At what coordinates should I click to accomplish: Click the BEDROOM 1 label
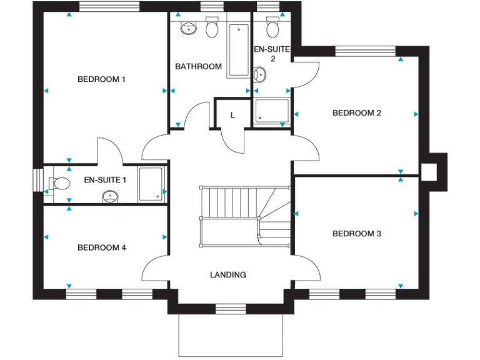pos(101,79)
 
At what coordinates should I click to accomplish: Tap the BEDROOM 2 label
pos(356,113)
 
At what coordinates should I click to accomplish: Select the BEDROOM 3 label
pos(356,234)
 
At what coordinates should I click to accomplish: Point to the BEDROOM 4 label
pos(101,247)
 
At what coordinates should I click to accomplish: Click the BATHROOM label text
pos(198,66)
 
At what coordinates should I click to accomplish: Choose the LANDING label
pos(227,274)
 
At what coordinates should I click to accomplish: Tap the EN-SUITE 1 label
pos(105,180)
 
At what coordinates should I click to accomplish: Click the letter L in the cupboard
pos(232,115)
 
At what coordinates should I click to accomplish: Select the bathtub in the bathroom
pos(237,50)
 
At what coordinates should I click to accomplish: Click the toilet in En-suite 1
pos(60,184)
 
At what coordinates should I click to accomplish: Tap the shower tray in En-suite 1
pos(151,184)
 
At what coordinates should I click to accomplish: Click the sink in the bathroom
pos(187,27)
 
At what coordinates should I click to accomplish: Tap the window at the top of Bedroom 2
pos(366,51)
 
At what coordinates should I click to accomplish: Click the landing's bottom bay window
pos(227,307)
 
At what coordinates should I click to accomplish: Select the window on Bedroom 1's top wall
pos(100,7)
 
